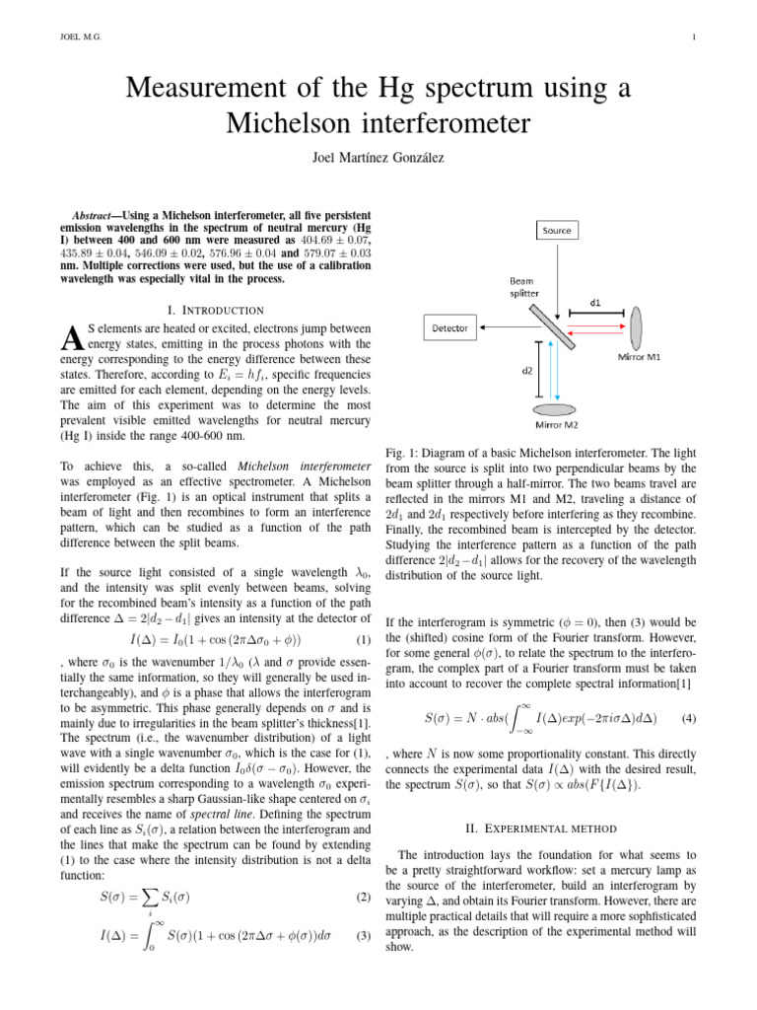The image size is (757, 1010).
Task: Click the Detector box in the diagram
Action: pos(450,326)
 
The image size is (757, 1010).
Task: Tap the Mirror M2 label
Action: pos(558,424)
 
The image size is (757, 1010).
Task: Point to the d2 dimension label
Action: pos(527,371)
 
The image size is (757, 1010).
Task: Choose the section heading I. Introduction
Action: pos(216,311)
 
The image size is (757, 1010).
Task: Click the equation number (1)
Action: pos(362,641)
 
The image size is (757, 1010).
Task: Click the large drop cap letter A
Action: pos(72,338)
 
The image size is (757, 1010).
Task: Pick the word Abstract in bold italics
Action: pos(98,214)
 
